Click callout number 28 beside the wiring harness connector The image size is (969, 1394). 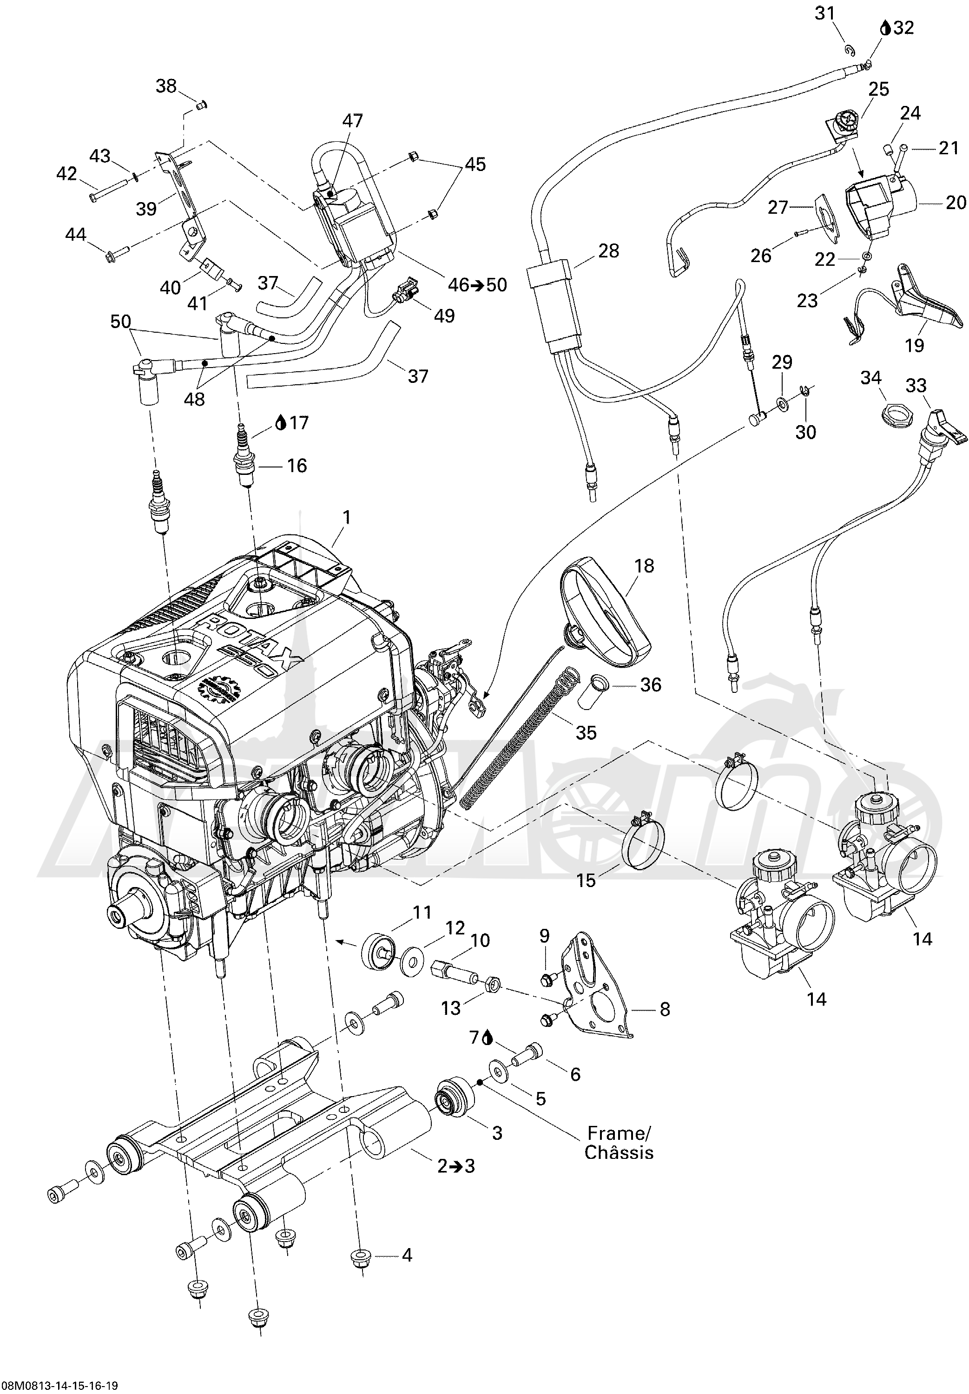[608, 250]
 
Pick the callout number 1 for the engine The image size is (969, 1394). [347, 517]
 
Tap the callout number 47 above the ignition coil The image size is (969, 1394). [352, 121]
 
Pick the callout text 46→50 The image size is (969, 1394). [477, 285]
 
